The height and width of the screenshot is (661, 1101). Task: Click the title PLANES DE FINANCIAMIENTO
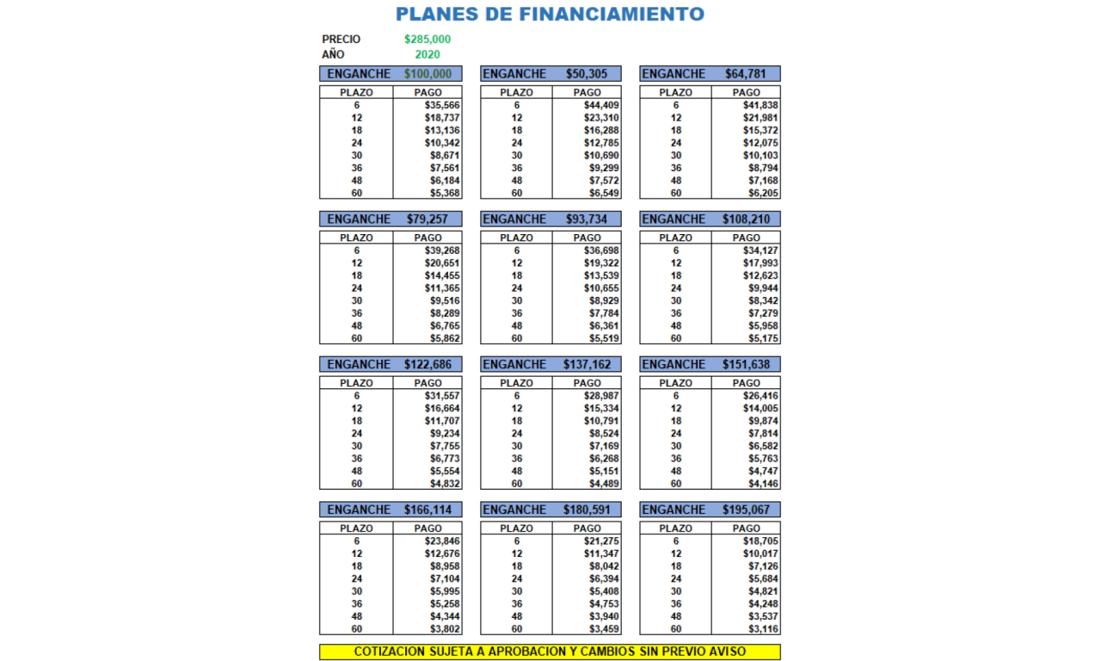tap(550, 14)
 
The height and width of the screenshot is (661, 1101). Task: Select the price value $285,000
tap(427, 40)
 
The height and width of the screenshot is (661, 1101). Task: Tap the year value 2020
tap(427, 54)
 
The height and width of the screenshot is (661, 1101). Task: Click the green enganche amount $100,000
tap(427, 74)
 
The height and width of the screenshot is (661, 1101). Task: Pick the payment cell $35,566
tap(442, 105)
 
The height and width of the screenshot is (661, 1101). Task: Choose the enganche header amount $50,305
tap(587, 74)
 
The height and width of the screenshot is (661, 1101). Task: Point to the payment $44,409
tap(601, 105)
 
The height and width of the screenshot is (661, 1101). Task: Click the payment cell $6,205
tap(763, 193)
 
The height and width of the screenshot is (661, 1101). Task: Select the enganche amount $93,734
tap(587, 219)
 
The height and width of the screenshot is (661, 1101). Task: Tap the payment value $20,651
tap(442, 263)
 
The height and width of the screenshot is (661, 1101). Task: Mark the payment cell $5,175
tap(763, 338)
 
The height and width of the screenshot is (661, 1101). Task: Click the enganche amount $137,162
tap(587, 365)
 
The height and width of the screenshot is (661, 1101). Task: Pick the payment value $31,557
tap(442, 396)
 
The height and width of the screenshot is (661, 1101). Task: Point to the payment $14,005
tap(761, 409)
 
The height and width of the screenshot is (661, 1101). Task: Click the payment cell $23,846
tap(442, 541)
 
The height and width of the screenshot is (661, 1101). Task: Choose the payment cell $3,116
tap(763, 629)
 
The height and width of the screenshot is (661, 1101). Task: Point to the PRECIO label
tap(341, 40)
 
